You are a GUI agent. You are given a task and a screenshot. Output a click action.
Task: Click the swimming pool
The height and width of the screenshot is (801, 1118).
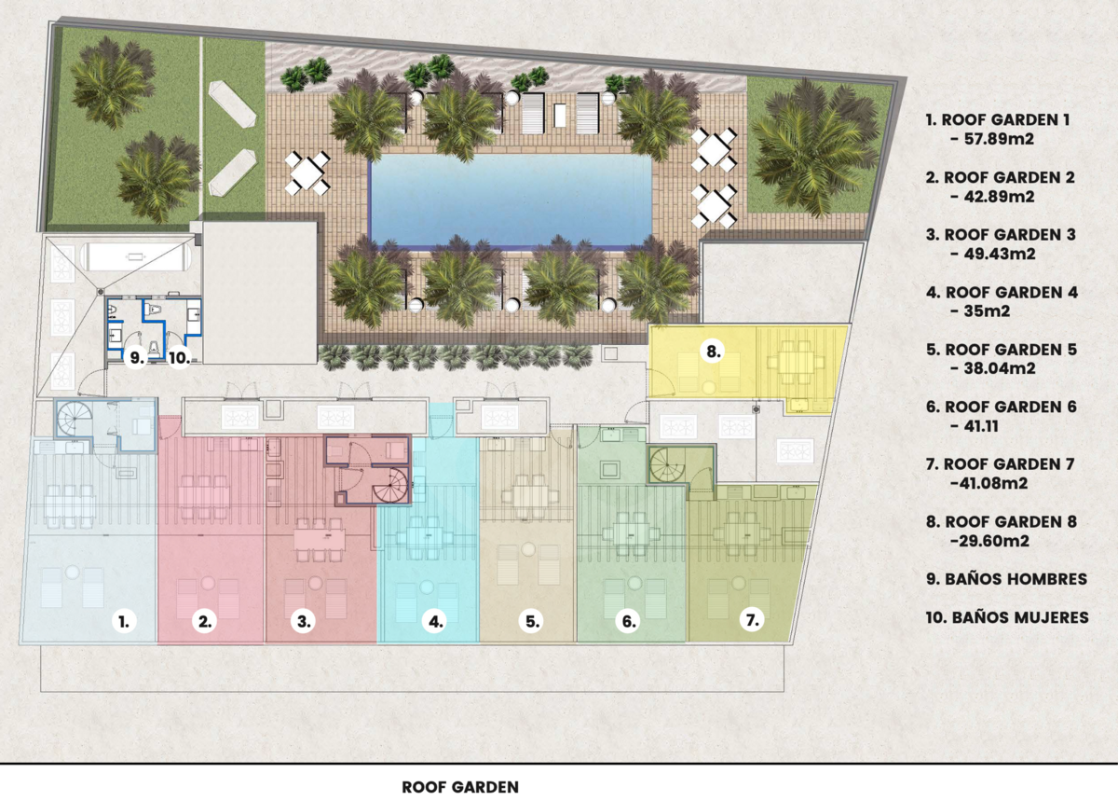coord(511,200)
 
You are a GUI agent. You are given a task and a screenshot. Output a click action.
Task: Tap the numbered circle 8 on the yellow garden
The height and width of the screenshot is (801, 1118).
coord(714,352)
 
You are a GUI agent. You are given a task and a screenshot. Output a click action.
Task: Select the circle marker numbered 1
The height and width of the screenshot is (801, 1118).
coord(124,622)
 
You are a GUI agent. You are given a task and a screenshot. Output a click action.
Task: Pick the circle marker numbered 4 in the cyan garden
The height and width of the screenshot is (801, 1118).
coord(435,622)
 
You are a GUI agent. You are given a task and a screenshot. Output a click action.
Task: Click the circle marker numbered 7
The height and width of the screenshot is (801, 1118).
coord(752,620)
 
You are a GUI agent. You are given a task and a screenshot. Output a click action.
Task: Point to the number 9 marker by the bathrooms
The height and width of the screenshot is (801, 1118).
coord(136,358)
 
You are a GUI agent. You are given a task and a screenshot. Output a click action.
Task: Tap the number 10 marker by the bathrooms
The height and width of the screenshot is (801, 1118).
coord(179,358)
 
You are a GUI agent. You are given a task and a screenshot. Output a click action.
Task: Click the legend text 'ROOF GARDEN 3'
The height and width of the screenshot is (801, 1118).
coord(1001,235)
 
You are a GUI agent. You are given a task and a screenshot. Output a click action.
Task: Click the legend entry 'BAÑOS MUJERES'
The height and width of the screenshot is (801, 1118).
coord(1007,617)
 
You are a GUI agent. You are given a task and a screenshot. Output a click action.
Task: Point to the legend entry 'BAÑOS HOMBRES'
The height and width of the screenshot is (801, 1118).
coord(1007,579)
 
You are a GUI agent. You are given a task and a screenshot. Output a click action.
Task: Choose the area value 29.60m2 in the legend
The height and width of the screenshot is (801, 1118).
coord(994,541)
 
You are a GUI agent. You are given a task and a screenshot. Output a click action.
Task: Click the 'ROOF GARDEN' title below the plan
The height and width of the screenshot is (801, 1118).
coord(460,788)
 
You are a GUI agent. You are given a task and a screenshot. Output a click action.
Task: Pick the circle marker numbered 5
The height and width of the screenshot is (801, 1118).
coord(532,622)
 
